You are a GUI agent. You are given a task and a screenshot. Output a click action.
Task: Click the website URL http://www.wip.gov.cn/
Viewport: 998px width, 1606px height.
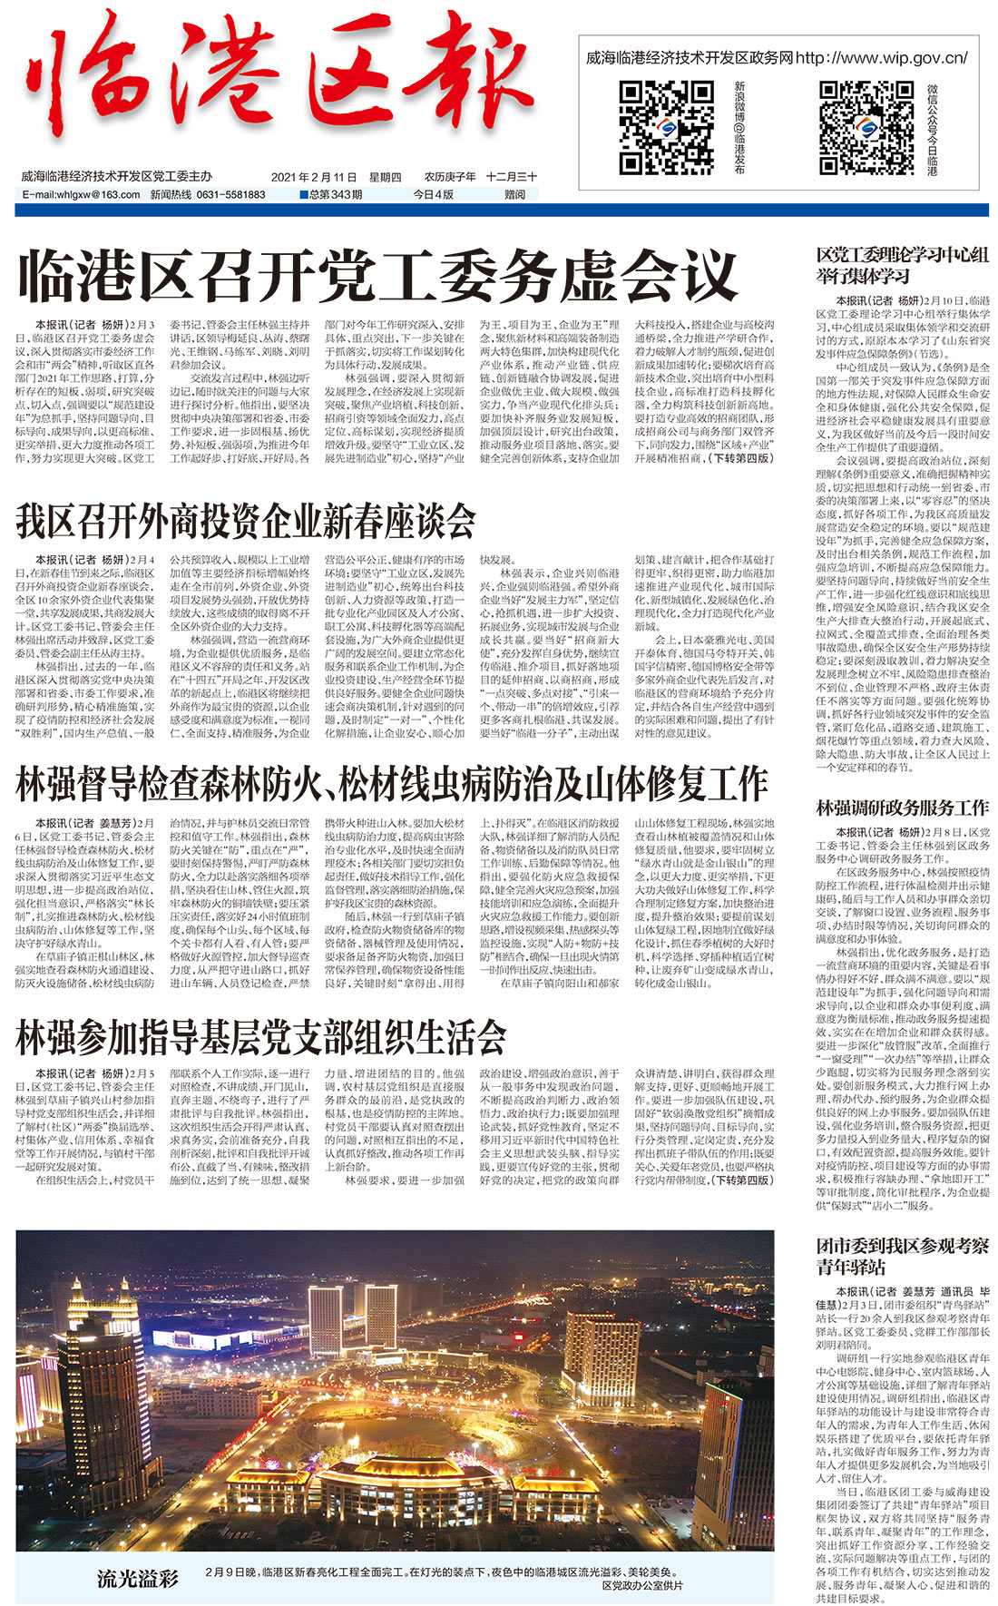[881, 58]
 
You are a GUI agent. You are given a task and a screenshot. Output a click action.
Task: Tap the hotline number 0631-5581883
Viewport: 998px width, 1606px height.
[230, 194]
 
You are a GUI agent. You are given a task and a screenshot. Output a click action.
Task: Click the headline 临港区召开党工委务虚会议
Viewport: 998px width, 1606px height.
[377, 277]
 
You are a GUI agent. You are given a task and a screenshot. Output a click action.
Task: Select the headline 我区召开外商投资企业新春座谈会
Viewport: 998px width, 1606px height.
[246, 521]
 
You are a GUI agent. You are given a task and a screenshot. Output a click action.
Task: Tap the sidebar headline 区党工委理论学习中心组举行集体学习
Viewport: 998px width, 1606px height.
[901, 265]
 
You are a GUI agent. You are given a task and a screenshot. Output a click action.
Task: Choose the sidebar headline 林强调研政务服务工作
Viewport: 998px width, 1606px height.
[902, 807]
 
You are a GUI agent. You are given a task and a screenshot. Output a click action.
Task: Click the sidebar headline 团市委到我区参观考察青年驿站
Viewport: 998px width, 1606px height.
[901, 1256]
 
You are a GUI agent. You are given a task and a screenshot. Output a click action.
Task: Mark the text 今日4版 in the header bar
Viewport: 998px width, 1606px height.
[433, 194]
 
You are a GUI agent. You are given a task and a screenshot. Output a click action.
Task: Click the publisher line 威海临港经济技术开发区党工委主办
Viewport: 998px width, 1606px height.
[116, 177]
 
